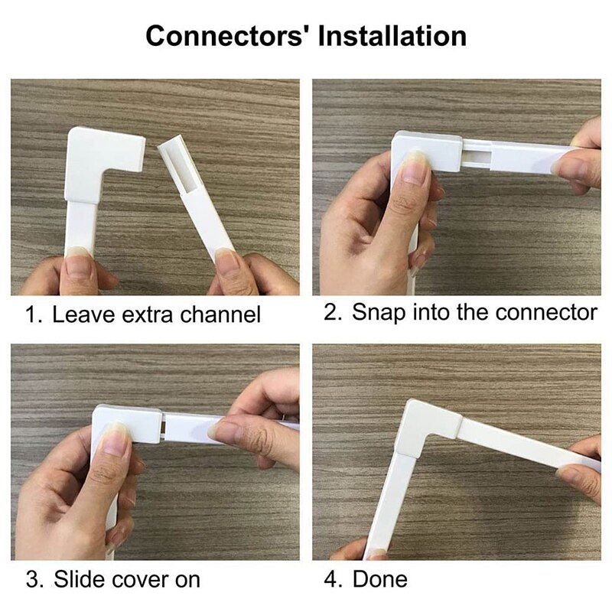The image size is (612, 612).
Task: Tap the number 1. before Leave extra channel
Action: (x=34, y=314)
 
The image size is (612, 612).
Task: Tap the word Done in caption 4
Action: (x=380, y=579)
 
